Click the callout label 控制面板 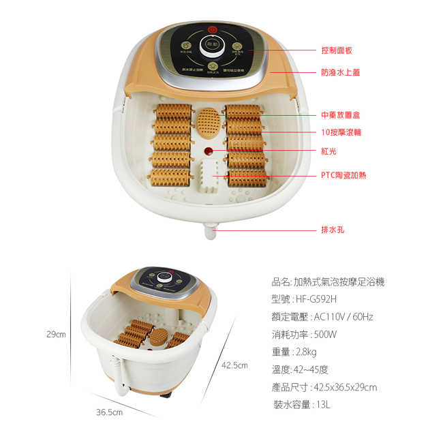[x=336, y=50]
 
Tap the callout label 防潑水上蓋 [x=340, y=72]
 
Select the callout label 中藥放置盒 [x=340, y=115]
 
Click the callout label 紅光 [x=329, y=151]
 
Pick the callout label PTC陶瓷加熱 [x=343, y=175]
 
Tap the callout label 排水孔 [x=333, y=230]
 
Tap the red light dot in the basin [x=209, y=151]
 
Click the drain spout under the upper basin [x=210, y=231]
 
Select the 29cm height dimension [x=56, y=334]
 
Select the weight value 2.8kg [x=305, y=352]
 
